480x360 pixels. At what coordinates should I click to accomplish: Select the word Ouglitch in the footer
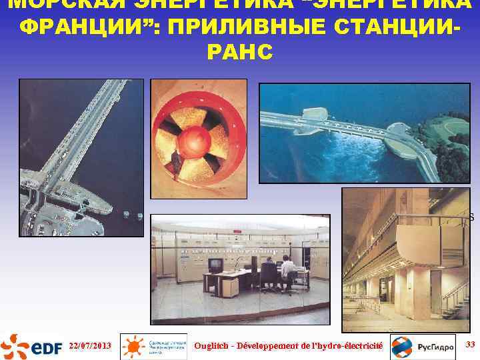(213, 345)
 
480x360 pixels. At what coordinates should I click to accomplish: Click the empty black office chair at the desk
(268, 273)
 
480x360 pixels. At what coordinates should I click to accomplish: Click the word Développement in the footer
(277, 345)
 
